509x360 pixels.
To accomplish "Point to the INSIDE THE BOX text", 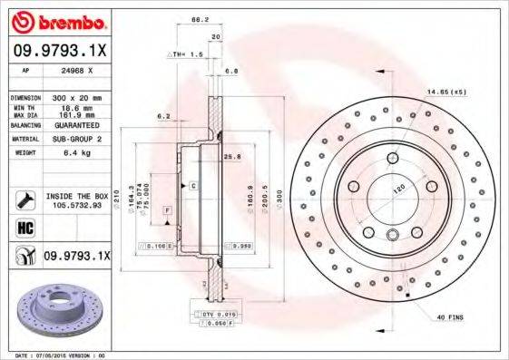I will click(x=77, y=196).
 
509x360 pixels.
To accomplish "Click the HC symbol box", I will click(x=24, y=227).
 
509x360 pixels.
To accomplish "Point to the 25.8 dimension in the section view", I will click(x=231, y=156).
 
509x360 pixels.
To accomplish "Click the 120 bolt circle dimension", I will click(x=397, y=190).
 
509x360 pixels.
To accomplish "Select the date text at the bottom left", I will click(x=54, y=355).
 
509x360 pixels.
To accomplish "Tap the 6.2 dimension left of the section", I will click(x=163, y=116).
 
